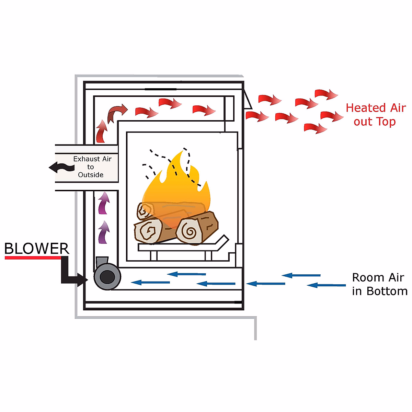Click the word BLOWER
coord(37,249)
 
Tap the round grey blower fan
coord(107,277)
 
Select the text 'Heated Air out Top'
coord(375,115)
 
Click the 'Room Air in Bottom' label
coord(379,284)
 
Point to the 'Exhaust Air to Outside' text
coord(92,167)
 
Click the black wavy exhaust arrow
coord(62,168)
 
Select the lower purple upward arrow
coord(103,232)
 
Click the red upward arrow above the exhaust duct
coord(102,131)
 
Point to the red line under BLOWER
coord(33,257)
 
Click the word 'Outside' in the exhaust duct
coord(91,175)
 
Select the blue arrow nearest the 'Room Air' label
coord(326,285)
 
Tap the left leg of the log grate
coord(153,255)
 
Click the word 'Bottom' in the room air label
coord(387,291)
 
